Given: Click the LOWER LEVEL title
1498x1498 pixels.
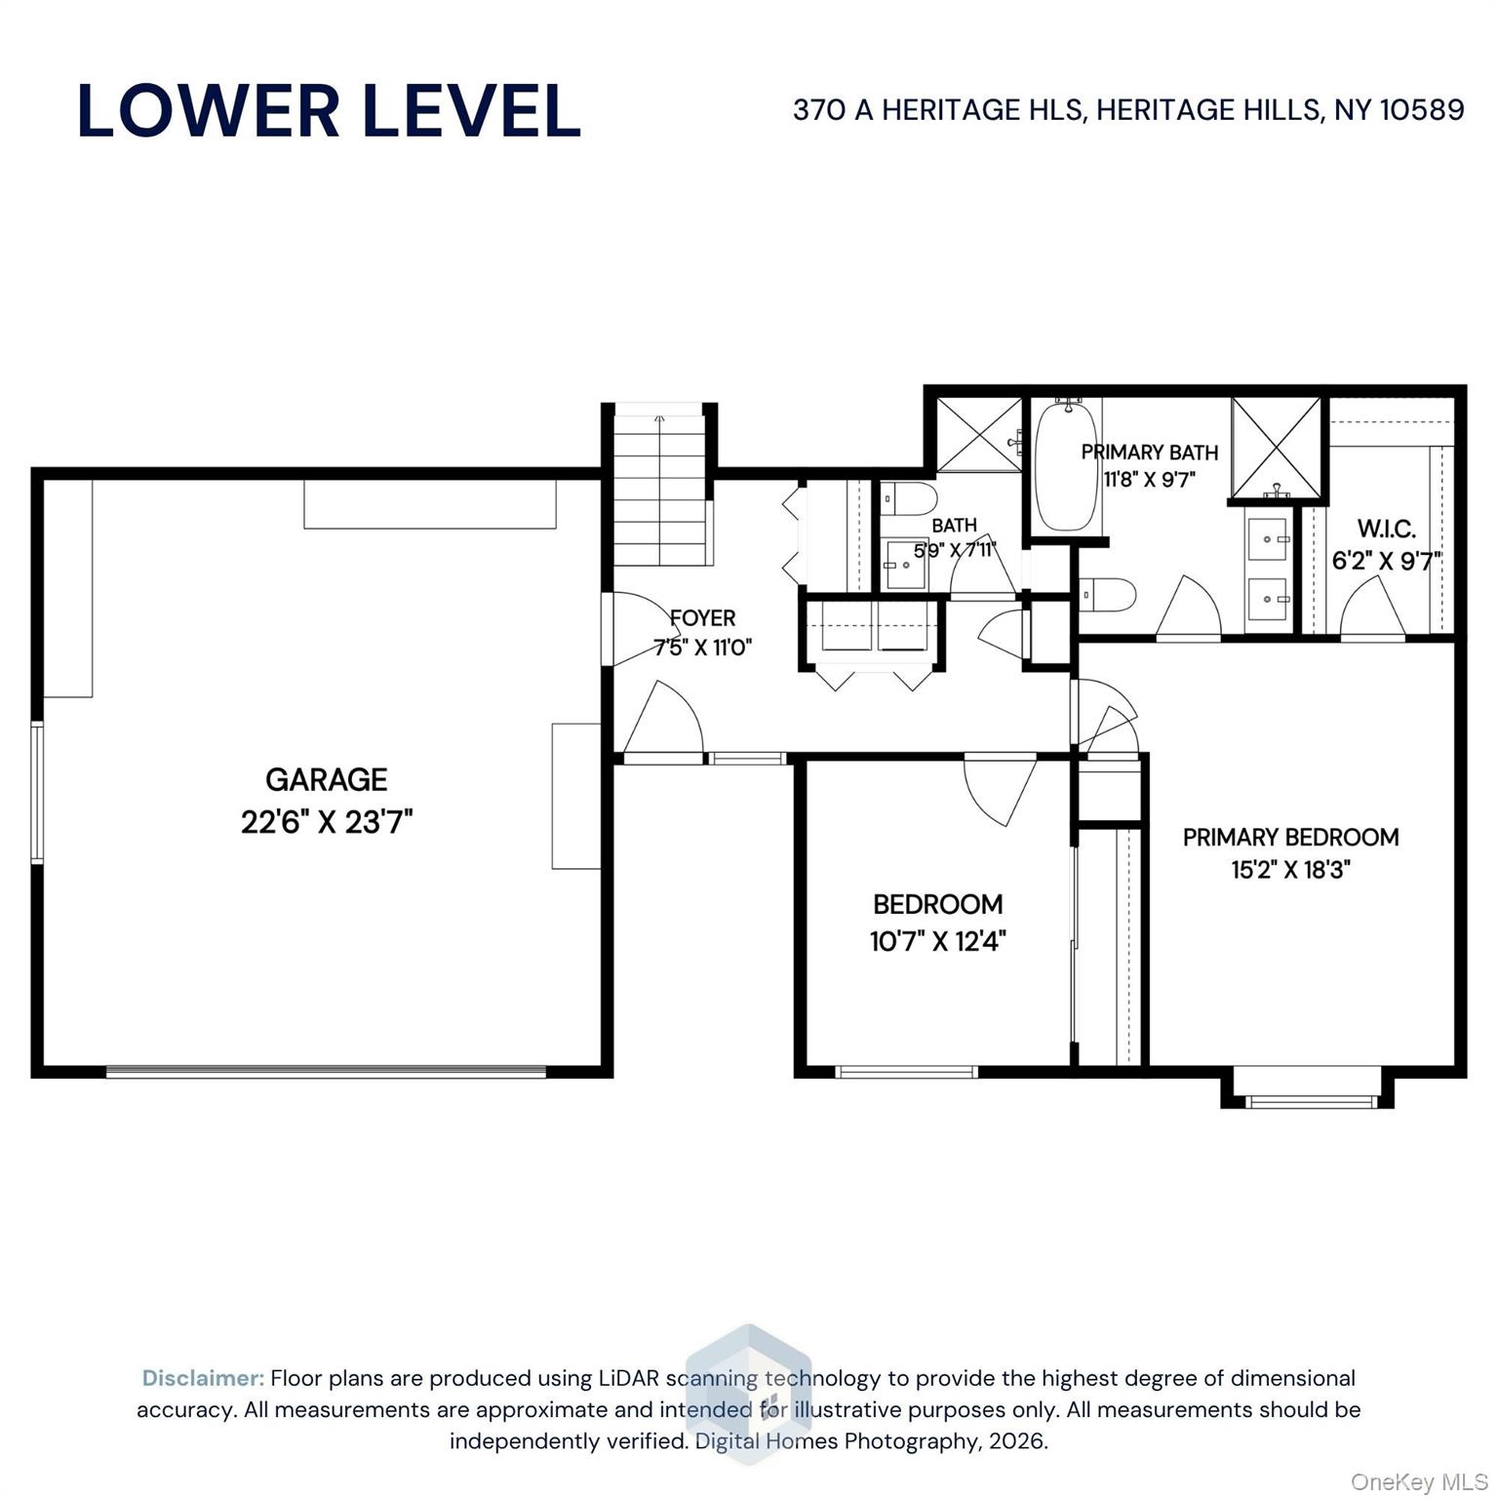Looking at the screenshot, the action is tap(329, 110).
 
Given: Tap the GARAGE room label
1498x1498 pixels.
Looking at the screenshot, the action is tap(327, 779).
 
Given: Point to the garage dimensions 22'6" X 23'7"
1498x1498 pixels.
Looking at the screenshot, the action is tap(327, 822).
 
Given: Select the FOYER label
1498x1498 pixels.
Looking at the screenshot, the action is tap(702, 617).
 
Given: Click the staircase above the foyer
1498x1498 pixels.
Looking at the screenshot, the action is tap(660, 489).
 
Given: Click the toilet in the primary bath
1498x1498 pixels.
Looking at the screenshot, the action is tap(1108, 594).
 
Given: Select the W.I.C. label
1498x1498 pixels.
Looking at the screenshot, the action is tap(1386, 530).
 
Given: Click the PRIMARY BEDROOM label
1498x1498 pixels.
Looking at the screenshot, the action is tap(1290, 837).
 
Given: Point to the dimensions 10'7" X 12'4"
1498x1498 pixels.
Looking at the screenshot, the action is tap(937, 941).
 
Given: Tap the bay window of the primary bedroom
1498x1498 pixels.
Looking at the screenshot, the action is tap(1302, 1089).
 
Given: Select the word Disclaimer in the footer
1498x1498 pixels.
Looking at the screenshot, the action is tap(203, 1378).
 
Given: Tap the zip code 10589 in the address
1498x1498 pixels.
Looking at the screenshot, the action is tap(1422, 109).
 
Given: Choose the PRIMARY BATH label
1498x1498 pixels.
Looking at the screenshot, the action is tap(1150, 453).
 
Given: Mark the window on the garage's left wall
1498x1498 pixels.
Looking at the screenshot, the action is tap(37, 792).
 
